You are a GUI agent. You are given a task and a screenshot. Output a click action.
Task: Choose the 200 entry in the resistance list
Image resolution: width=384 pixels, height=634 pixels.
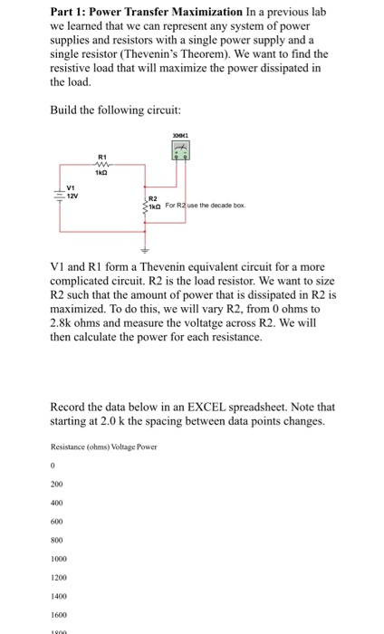(57, 484)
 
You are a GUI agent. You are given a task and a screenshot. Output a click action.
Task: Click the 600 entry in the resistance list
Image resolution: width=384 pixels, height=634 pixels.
(57, 522)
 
